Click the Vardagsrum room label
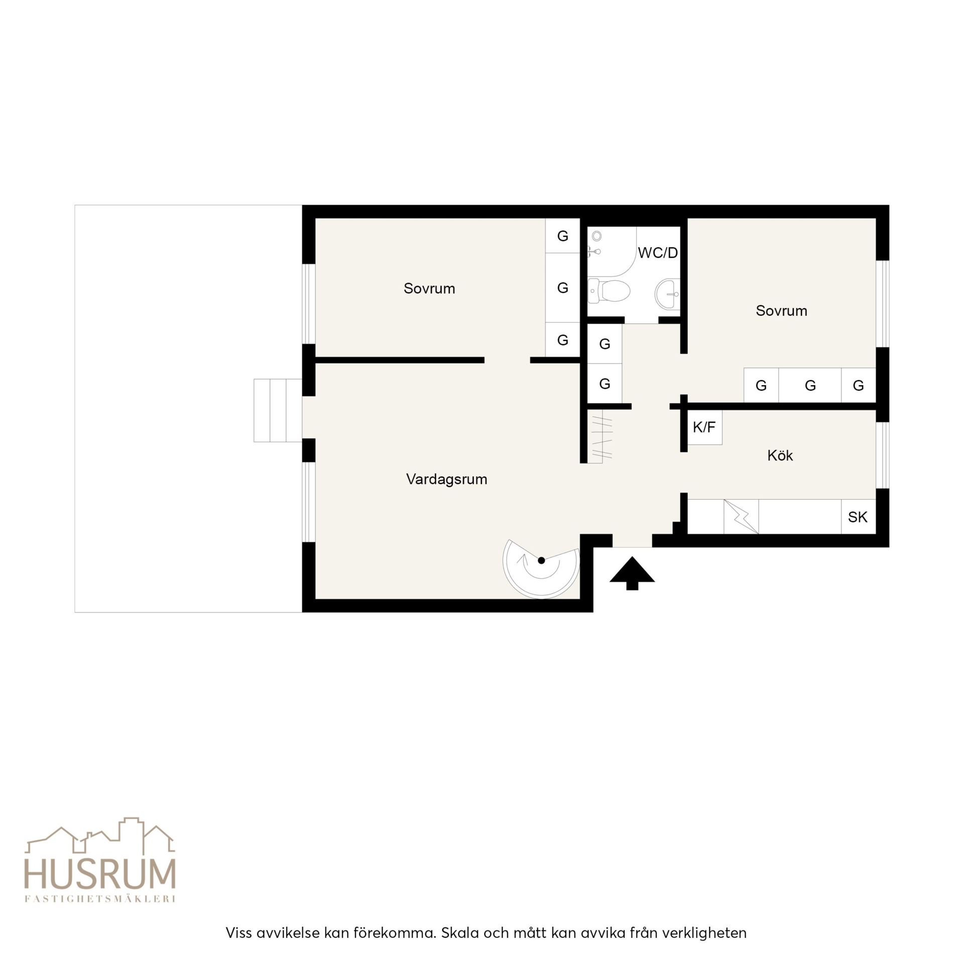coord(446,479)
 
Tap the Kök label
coord(780,455)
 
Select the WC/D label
coord(658,253)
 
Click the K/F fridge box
coord(704,427)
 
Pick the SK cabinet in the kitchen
coord(858,517)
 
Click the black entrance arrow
coord(632,573)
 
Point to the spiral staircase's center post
coord(541,560)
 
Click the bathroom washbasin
coord(668,294)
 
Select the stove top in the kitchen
coord(741,517)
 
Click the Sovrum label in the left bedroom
coord(429,289)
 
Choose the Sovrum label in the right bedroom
coord(781,311)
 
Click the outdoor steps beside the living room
coord(278,411)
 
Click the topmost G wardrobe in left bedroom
coord(563,235)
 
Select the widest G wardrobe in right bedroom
coord(810,386)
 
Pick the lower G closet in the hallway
coord(605,384)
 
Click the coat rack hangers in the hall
coord(600,436)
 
